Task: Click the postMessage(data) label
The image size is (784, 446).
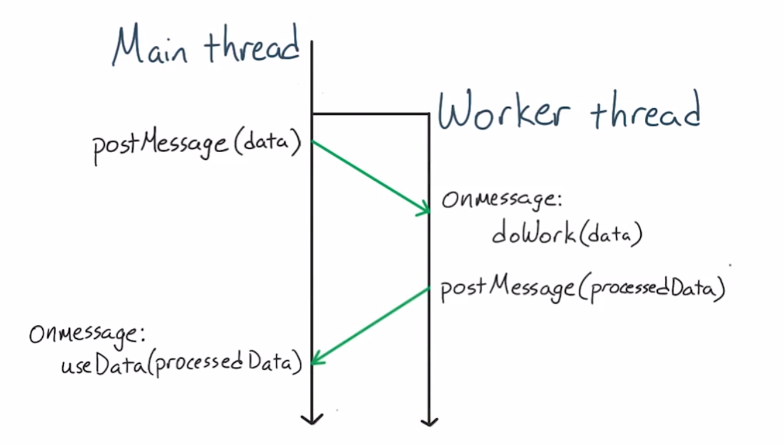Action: [x=197, y=145]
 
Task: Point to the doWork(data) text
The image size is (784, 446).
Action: [x=567, y=234]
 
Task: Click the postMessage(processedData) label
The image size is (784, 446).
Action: [x=582, y=290]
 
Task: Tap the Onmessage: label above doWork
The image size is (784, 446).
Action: [x=501, y=199]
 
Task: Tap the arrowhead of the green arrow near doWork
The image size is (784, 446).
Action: [x=425, y=209]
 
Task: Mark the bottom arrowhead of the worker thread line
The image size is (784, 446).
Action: [x=429, y=421]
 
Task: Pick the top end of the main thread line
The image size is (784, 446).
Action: [x=312, y=42]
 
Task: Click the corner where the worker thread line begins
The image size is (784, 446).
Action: [x=428, y=114]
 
